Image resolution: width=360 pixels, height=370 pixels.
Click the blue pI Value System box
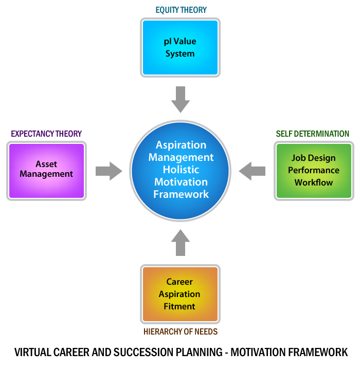[180, 47]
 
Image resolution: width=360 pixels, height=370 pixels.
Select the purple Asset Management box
[46, 171]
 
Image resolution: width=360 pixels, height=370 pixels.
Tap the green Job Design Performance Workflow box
[314, 171]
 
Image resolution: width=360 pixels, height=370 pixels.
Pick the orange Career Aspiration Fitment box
[180, 294]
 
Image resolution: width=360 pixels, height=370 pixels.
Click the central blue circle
[181, 170]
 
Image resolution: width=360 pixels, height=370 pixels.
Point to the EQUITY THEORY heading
[180, 10]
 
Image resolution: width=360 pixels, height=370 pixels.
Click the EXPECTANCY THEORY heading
[46, 134]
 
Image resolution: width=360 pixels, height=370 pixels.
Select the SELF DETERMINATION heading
[313, 134]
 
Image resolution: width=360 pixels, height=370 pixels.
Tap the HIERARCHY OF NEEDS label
[180, 331]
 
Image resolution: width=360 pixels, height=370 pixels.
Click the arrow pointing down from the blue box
[181, 99]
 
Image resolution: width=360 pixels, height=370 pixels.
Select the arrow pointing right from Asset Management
[109, 171]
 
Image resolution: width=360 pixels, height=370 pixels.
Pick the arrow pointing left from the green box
[252, 171]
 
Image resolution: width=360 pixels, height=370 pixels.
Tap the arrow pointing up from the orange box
[180, 243]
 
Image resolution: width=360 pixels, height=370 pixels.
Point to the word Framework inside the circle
[181, 194]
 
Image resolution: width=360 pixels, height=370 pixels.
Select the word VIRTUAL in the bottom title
[32, 353]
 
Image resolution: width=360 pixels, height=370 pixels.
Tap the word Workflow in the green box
[314, 182]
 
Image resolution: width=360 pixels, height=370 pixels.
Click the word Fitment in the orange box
[179, 306]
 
